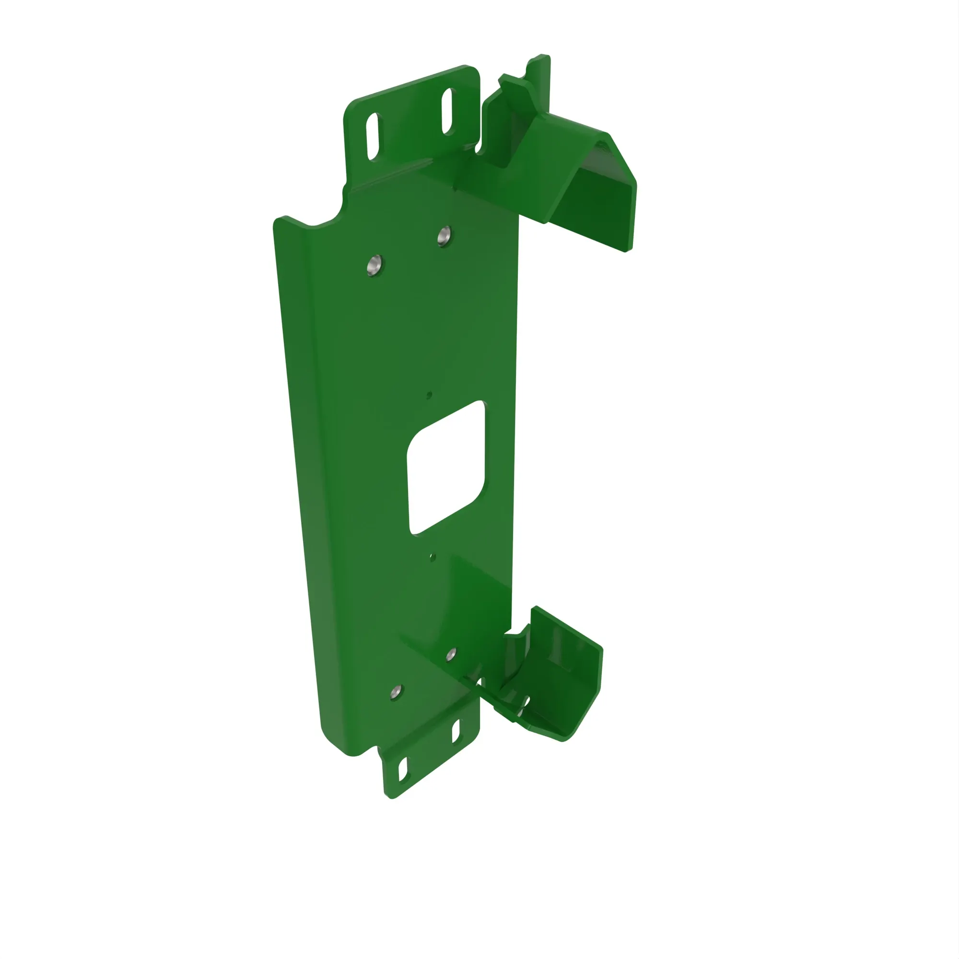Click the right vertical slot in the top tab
coord(448,111)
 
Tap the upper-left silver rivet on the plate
coord(375,266)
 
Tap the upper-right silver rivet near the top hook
coord(444,236)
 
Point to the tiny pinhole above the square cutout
coord(429,395)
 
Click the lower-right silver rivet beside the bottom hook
coord(451,655)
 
